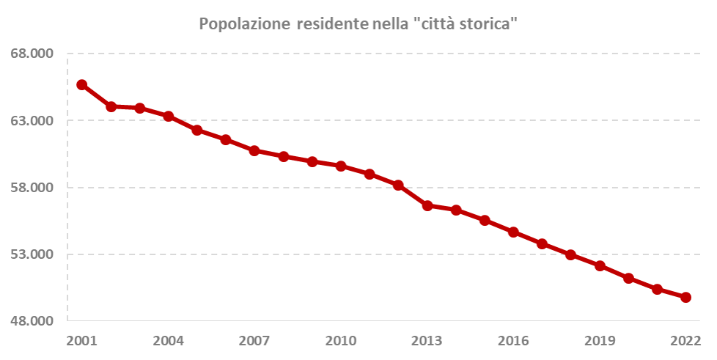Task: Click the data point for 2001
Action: tap(82, 85)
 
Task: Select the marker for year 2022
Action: tap(685, 298)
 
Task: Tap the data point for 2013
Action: tap(427, 205)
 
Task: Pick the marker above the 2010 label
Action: tap(341, 166)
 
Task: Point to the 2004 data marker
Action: tap(169, 117)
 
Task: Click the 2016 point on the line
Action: tap(513, 232)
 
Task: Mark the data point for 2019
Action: tap(600, 266)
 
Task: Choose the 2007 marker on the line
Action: tap(254, 151)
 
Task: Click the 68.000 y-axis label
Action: tap(32, 54)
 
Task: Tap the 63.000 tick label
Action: tap(32, 120)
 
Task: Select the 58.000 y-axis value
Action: tap(32, 187)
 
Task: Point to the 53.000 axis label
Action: tap(32, 254)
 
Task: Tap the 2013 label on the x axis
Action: tap(427, 341)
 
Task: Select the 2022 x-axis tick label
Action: tap(685, 341)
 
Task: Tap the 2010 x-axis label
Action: tap(340, 341)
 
